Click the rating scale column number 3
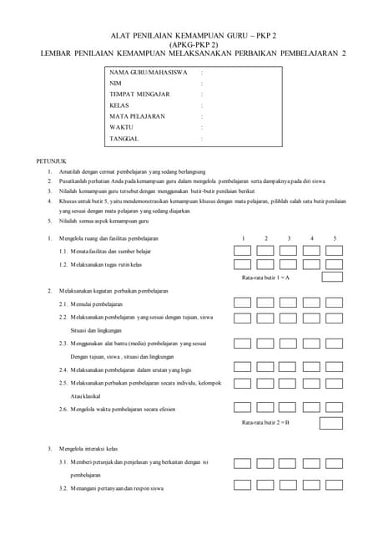[289, 239]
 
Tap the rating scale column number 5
[335, 239]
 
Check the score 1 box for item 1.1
[243, 252]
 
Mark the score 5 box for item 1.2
[334, 264]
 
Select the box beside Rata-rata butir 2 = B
[334, 423]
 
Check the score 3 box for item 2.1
[289, 303]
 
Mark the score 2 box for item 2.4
[265, 369]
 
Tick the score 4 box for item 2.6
[311, 409]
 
